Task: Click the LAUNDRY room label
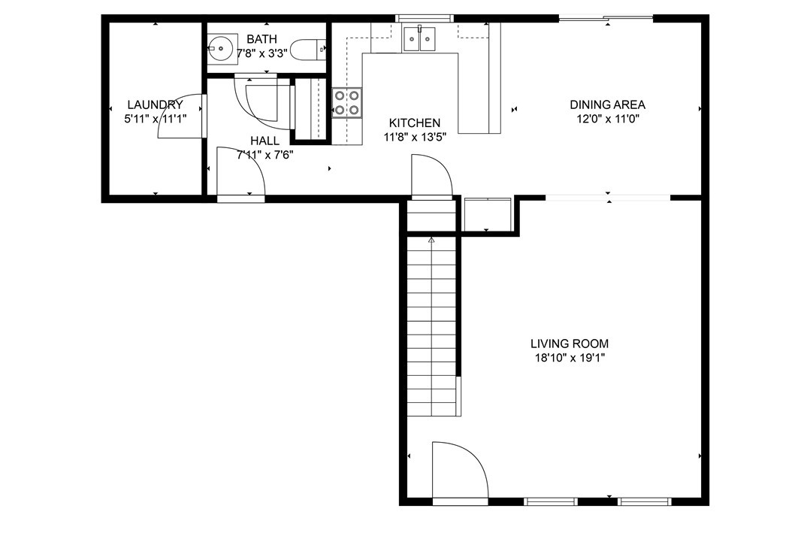tap(155, 104)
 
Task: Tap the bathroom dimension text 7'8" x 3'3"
tap(262, 53)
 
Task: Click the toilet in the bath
tap(307, 50)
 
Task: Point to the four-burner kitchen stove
tap(346, 102)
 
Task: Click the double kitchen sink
tap(419, 38)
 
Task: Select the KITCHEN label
tap(414, 123)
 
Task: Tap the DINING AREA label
tap(607, 104)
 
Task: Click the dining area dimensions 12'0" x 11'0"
tap(607, 118)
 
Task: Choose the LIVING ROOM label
tap(570, 344)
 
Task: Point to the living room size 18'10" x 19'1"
tap(570, 358)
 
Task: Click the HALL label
tap(264, 141)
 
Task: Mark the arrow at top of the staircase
tap(431, 241)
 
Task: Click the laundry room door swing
tap(180, 117)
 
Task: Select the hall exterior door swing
tap(239, 172)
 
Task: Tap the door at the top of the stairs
tap(430, 175)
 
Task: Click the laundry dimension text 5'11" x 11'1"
tap(155, 118)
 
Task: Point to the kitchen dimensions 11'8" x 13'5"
tap(414, 137)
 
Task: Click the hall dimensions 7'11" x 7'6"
tap(264, 155)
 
